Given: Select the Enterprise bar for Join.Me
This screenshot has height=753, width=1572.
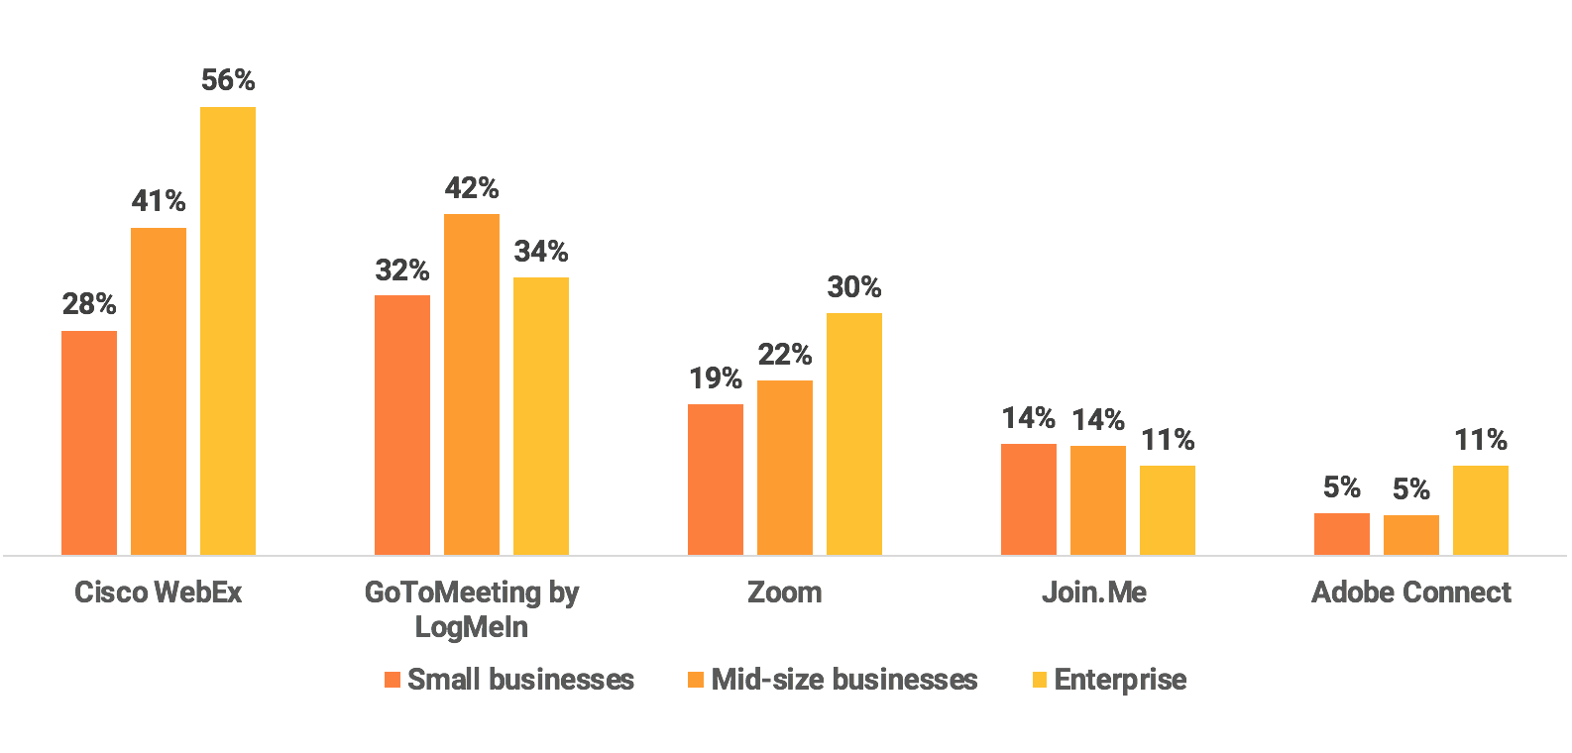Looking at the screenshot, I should [x=1168, y=509].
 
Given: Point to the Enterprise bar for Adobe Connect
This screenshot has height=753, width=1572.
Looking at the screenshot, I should [x=1481, y=509].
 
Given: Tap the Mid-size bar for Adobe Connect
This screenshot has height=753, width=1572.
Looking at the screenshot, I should [x=1411, y=534].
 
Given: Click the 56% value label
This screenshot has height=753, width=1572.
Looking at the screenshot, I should [x=228, y=80].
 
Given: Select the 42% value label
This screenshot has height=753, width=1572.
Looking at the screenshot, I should [x=472, y=187].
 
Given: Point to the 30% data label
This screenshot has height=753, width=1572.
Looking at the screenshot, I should [x=854, y=287].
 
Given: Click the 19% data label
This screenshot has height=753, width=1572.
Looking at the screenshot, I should [x=716, y=377].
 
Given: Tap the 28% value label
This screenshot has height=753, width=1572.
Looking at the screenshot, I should [x=89, y=304].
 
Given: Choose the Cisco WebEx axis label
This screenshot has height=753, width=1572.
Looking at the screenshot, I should [x=159, y=592].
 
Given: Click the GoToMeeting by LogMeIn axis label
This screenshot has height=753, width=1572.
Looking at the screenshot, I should [x=472, y=609].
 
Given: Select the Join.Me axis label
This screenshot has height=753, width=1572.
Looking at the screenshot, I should [x=1094, y=592].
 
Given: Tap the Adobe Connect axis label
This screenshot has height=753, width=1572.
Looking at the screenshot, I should [x=1411, y=592].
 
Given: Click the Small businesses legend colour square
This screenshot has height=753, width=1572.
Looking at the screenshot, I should [x=392, y=680].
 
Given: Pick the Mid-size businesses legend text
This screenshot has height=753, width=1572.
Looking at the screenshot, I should [x=844, y=680].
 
